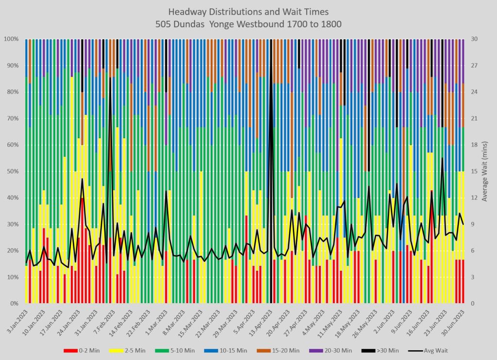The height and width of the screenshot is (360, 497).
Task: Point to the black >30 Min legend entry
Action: point(385,350)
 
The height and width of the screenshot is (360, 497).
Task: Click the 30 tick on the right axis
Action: point(474,39)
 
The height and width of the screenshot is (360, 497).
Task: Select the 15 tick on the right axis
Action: point(474,171)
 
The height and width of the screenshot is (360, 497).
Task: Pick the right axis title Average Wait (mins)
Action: point(486,171)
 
